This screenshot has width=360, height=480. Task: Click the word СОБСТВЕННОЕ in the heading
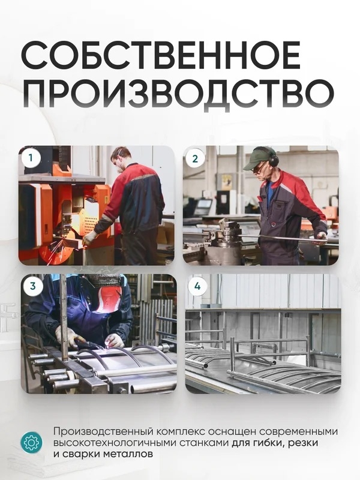[x=161, y=55]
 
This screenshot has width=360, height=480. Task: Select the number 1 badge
[x=31, y=158]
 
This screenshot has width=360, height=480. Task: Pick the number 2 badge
[x=195, y=158]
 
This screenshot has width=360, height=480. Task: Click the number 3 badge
[x=33, y=286]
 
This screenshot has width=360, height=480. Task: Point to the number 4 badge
[x=197, y=286]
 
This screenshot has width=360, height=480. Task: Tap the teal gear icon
[x=31, y=442]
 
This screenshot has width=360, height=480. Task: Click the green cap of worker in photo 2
[x=258, y=157]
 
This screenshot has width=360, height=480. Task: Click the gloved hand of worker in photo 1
[x=89, y=238]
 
